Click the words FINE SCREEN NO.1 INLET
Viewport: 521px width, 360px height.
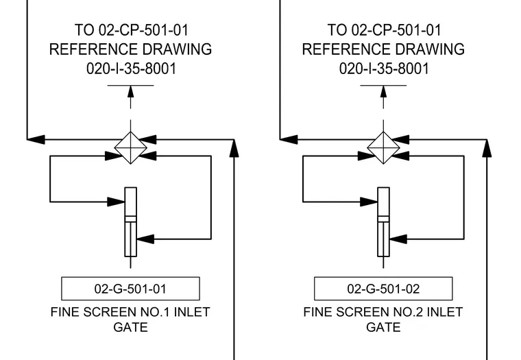[x=130, y=312]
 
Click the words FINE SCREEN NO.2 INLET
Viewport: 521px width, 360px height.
[x=383, y=312]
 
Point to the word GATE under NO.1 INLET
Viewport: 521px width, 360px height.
[x=130, y=327]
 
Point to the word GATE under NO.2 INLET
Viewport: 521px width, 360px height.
[x=383, y=327]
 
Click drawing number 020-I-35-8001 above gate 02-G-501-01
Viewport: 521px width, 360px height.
[x=131, y=69]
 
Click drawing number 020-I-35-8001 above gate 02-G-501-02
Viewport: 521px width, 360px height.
[x=384, y=69]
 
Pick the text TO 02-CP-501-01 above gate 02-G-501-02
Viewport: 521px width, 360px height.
[x=384, y=30]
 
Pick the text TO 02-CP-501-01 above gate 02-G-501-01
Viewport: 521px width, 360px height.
[x=131, y=30]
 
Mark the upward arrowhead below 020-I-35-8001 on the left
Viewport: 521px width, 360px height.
[x=130, y=91]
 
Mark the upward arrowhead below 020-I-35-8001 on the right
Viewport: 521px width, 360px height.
[x=383, y=91]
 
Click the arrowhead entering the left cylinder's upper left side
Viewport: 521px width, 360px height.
[x=116, y=202]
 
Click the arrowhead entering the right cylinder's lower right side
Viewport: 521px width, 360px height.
[x=398, y=239]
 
